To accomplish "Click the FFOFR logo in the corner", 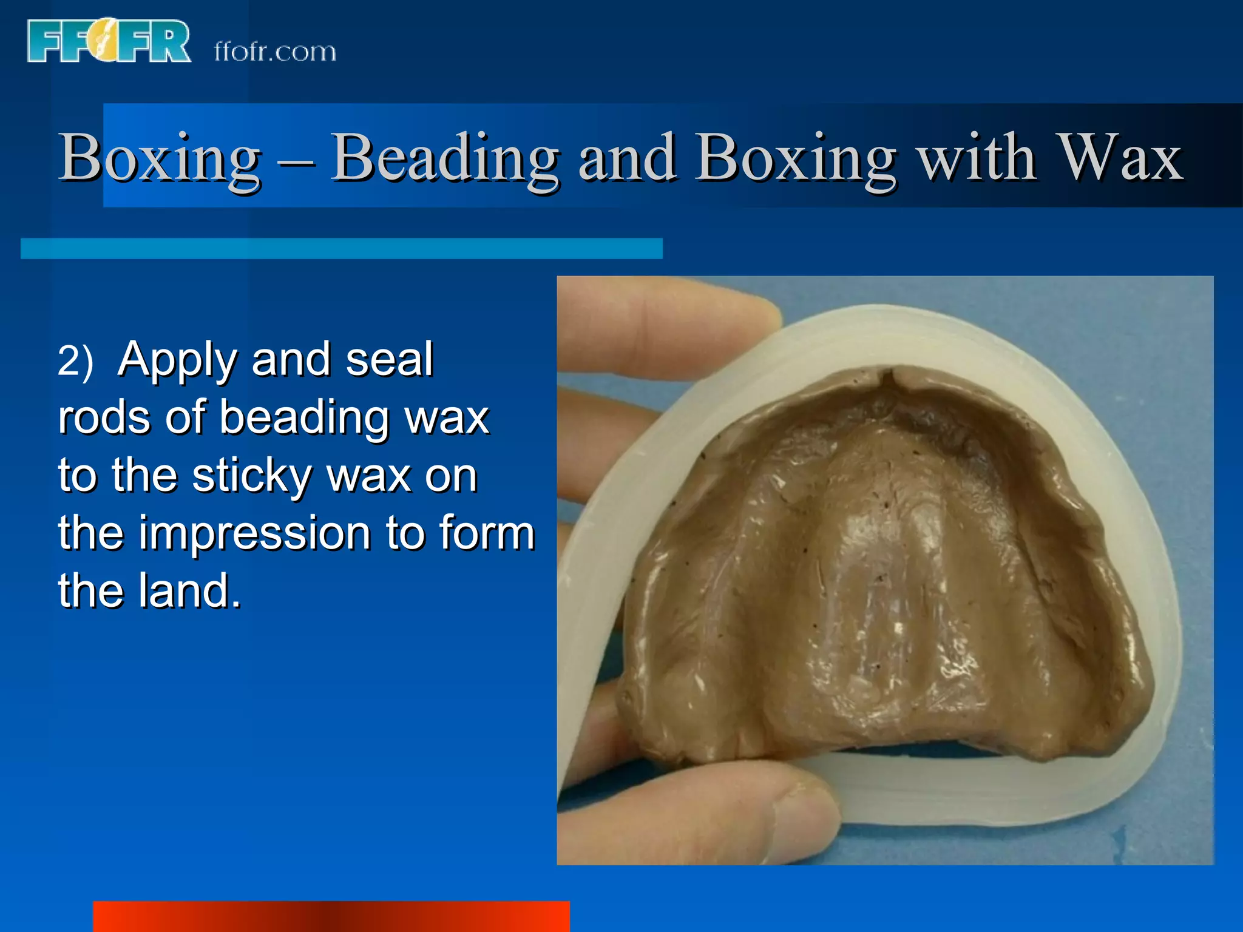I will tap(109, 41).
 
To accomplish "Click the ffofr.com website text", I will tap(275, 52).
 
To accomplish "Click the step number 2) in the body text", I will tap(75, 360).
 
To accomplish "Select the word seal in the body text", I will tap(389, 359).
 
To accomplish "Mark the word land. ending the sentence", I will tap(189, 590).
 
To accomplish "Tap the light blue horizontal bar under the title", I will tap(341, 249).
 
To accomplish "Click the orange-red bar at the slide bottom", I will tap(331, 916).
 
